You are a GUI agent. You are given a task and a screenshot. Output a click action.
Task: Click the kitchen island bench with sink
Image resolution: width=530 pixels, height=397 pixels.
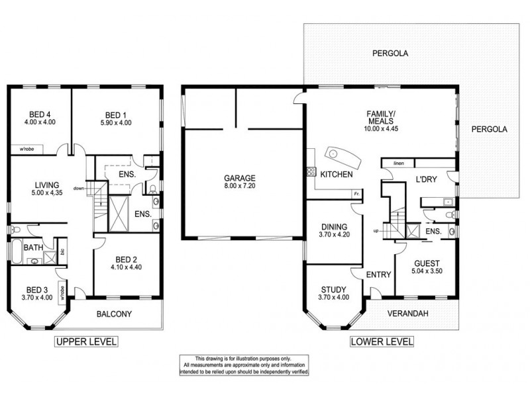341,157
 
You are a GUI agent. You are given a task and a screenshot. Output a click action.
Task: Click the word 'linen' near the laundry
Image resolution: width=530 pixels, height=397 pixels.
398,163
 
